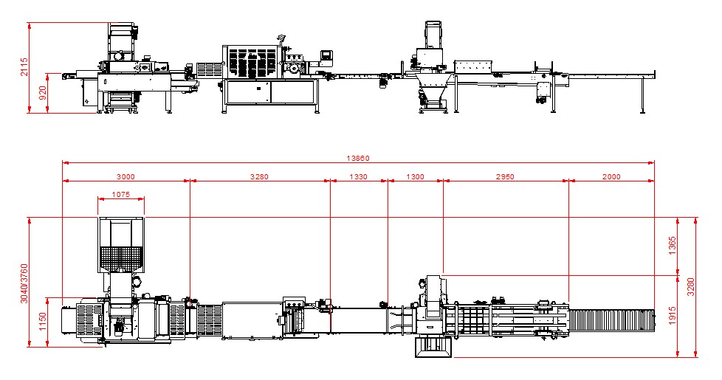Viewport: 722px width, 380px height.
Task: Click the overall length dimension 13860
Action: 358,158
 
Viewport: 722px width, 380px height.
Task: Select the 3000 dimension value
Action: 126,176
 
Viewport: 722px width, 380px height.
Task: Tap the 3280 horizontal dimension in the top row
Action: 259,176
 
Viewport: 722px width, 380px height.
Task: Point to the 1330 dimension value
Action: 358,176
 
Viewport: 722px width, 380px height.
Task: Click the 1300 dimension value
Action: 415,176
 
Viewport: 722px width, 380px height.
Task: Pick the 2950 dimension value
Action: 505,176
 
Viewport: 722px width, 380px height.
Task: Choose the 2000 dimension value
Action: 611,176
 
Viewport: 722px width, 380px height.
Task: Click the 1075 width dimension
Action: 120,195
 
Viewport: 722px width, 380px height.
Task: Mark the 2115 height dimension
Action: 24,67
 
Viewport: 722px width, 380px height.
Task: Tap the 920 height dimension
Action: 43,93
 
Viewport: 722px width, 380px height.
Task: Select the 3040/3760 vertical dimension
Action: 24,283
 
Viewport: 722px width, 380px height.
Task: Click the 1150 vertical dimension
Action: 43,321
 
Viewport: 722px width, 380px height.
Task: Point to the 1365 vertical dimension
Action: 672,246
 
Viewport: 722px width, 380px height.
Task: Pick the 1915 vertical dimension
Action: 672,316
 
